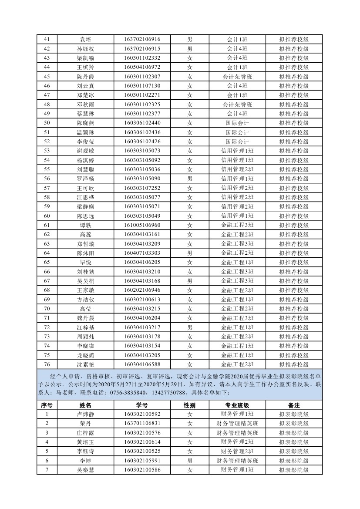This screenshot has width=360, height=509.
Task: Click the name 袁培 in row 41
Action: (85, 39)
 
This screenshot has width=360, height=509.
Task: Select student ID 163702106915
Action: (142, 49)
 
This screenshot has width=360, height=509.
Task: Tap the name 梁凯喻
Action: (85, 58)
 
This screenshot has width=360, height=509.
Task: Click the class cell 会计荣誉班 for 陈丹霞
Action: (237, 77)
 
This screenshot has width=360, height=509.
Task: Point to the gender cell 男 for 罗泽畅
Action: (189, 179)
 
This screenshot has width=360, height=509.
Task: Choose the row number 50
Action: (47, 123)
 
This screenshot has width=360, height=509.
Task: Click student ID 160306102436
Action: (142, 132)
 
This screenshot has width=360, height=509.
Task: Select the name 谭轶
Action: (85, 225)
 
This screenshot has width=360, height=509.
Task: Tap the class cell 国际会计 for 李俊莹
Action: (237, 142)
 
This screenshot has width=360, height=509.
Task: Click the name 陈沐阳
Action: (85, 253)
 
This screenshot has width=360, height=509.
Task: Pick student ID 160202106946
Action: (142, 290)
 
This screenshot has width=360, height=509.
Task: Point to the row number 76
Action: (47, 364)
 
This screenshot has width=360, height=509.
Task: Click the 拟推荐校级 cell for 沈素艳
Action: (294, 364)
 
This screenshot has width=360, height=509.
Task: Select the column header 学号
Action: (142, 405)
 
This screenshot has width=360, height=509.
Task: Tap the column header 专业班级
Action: (237, 405)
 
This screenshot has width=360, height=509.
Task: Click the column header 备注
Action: (294, 405)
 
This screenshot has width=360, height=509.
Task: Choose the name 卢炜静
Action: (85, 414)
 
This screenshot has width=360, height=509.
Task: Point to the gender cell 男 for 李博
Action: (189, 460)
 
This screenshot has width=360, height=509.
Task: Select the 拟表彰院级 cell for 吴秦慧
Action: (294, 470)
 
